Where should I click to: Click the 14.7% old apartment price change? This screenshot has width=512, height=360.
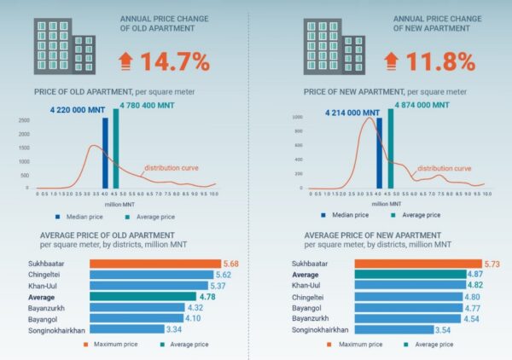coord(180,62)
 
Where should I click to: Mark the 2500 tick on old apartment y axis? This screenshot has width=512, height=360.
coord(23,121)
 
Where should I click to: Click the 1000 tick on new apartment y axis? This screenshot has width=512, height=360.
coord(298,116)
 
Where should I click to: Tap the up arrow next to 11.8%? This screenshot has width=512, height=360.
coord(392,62)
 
